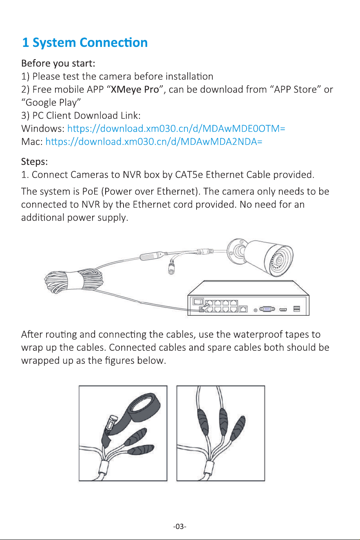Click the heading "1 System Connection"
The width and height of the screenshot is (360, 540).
click(85, 43)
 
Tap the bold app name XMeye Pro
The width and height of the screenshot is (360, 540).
click(135, 89)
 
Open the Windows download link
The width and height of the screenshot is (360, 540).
click(176, 128)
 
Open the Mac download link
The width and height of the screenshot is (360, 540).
click(154, 142)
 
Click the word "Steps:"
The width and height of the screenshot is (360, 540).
click(35, 162)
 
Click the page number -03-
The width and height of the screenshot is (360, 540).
click(180, 526)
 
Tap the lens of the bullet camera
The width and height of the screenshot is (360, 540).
click(279, 261)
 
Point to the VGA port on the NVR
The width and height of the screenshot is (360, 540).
click(267, 309)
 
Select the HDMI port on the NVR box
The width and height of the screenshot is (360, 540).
click(283, 309)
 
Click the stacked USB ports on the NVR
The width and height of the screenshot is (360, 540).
click(297, 308)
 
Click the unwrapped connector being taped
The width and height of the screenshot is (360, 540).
click(111, 424)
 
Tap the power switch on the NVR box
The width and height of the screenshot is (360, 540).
click(198, 301)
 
